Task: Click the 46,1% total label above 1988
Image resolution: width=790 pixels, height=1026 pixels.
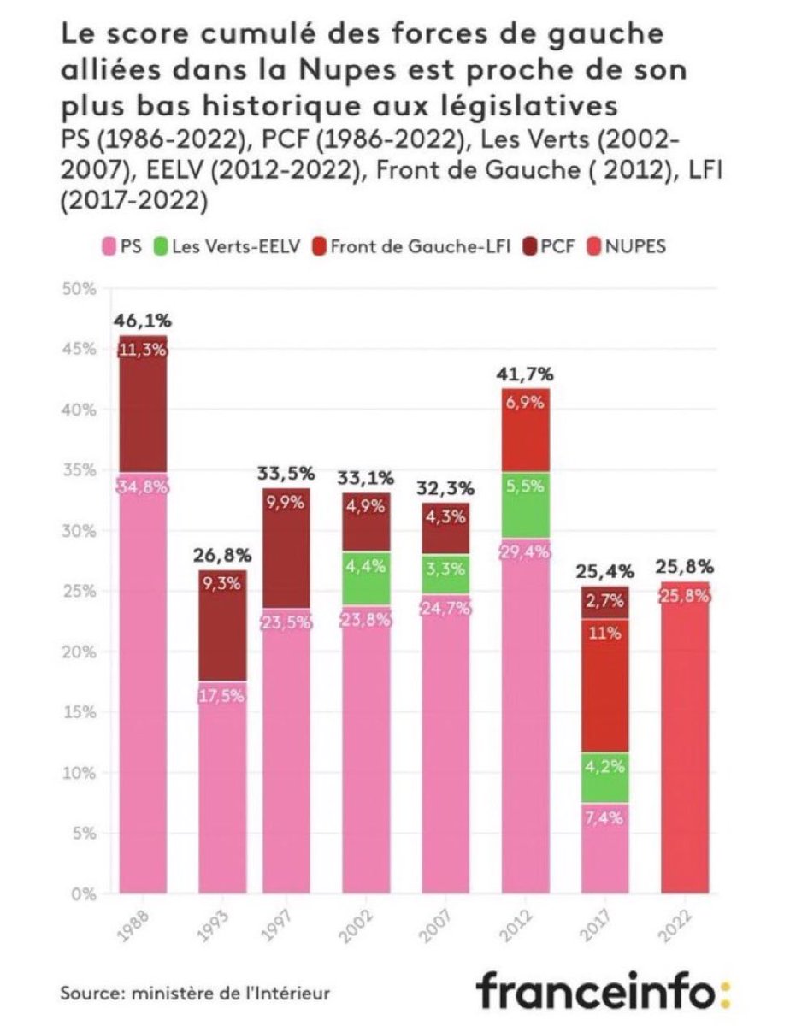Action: tap(142, 322)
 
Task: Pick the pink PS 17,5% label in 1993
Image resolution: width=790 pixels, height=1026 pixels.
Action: tap(221, 694)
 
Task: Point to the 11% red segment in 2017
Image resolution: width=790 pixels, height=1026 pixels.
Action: tap(604, 684)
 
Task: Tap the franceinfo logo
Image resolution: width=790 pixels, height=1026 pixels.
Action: tap(604, 992)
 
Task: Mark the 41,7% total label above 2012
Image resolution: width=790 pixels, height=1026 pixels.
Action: tap(525, 374)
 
